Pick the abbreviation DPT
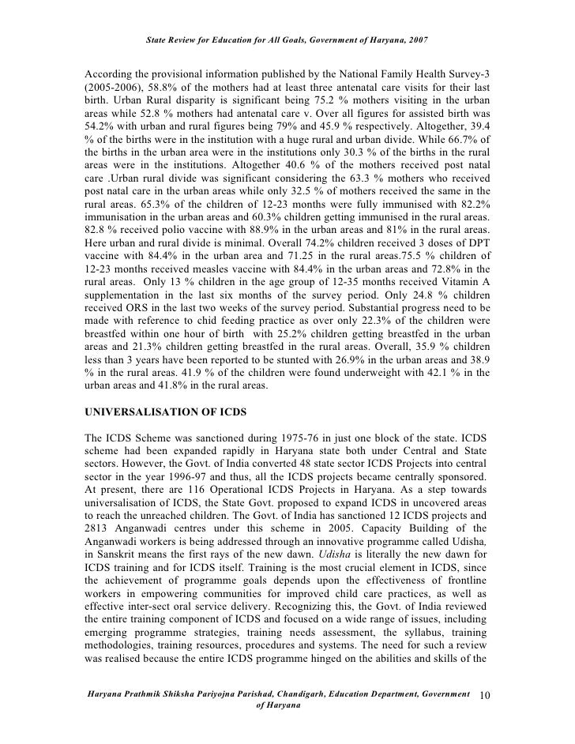click(479, 259)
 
